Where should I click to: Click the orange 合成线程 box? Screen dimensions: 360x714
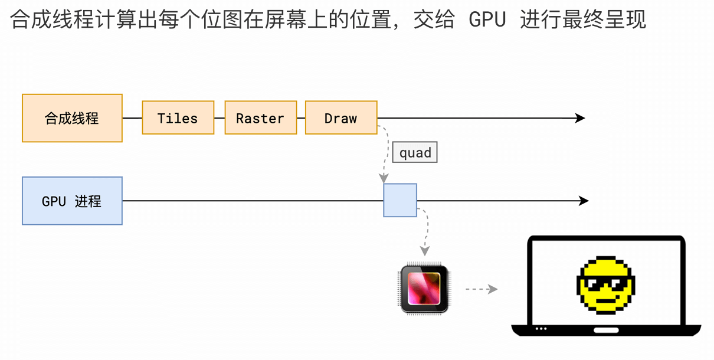72,118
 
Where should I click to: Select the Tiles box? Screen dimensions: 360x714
178,118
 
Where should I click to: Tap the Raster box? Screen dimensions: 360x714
260,118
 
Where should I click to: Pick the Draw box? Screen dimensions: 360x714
341,118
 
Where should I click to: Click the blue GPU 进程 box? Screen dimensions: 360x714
72,201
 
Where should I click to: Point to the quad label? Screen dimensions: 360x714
415,153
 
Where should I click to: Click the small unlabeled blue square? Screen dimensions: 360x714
400,201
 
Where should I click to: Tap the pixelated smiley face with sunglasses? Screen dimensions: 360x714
605,284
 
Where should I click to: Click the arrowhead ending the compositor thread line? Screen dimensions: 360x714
580,118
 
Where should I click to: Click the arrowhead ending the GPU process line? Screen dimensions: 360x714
584,201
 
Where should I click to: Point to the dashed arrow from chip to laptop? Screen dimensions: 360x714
481,289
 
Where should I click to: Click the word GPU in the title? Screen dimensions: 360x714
487,20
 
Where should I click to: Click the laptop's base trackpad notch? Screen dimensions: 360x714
606,329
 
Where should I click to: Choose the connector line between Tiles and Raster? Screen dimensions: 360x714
220,118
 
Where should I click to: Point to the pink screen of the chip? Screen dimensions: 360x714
424,287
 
